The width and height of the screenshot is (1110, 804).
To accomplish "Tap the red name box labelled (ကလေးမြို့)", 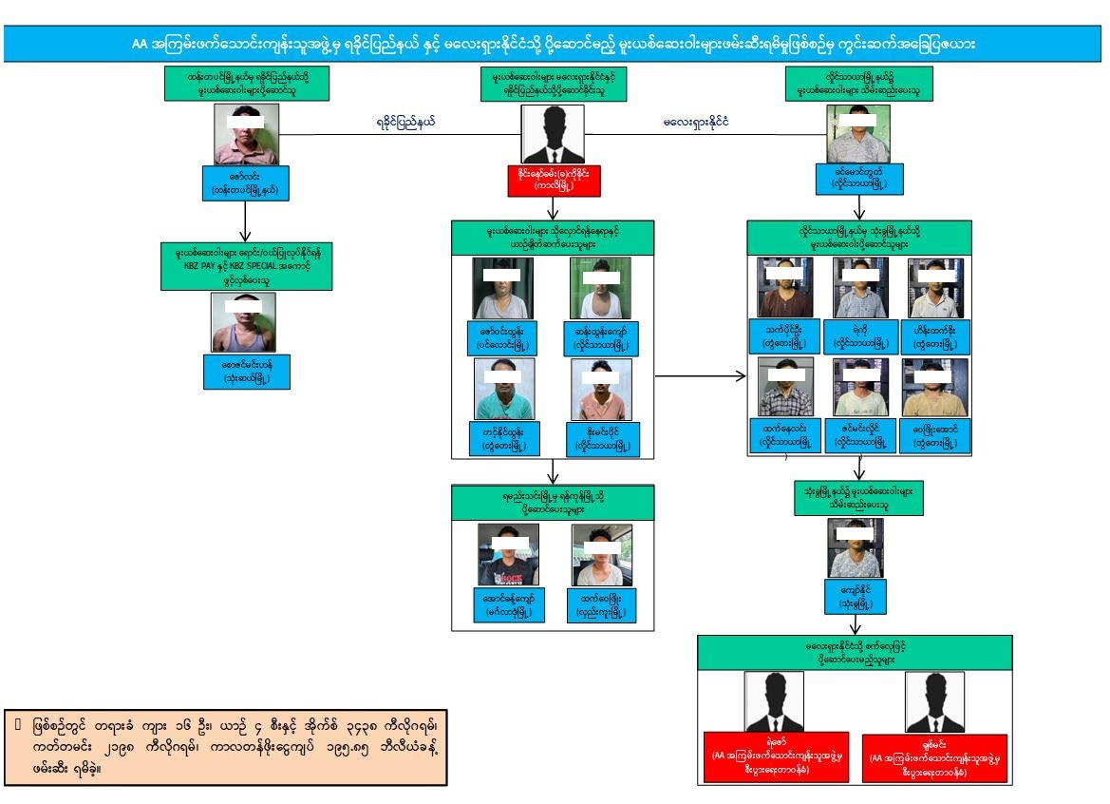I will (554, 181).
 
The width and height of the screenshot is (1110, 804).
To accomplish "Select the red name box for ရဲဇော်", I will (775, 757).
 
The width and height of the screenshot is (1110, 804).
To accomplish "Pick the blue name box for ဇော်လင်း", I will (245, 182).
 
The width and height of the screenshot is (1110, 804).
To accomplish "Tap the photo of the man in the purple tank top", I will (244, 322).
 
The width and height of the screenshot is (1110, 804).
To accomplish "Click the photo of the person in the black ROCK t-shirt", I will (508, 555).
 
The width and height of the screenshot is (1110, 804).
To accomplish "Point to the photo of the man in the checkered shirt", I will (784, 388).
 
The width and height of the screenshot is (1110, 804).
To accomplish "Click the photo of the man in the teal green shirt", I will (503, 389).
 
